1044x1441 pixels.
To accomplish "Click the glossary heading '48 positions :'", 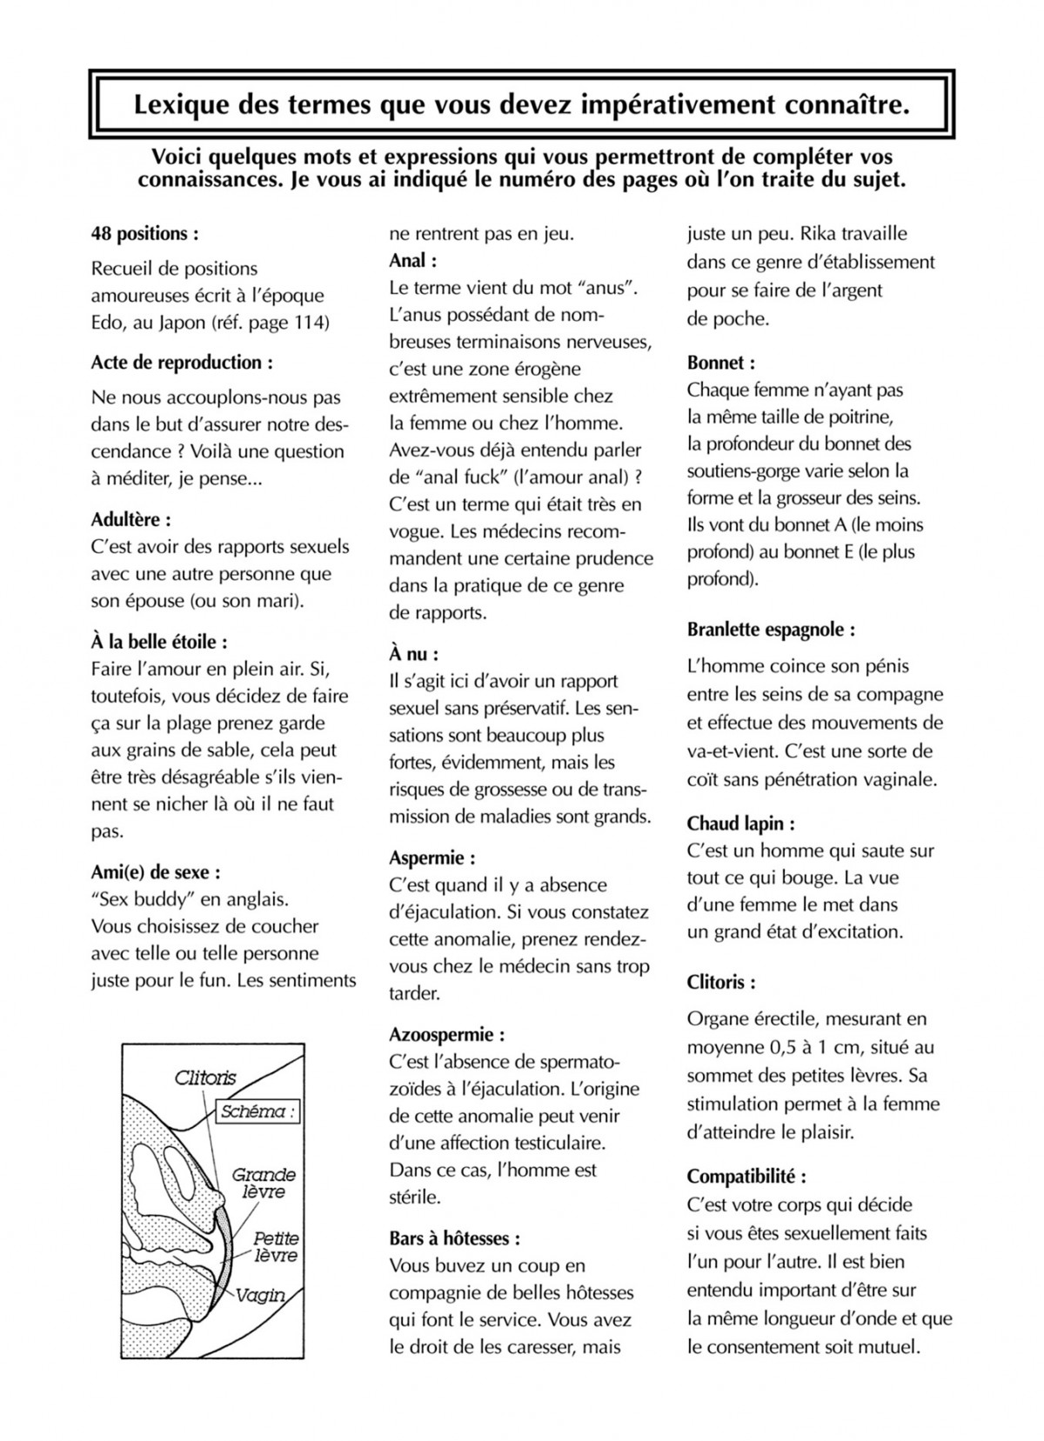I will [144, 233].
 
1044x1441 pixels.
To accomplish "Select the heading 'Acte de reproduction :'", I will [182, 363].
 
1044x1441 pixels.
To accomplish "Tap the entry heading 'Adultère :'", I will [130, 520].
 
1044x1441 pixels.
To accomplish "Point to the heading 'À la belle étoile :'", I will [159, 643].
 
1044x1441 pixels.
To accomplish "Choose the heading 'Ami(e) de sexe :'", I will [156, 872].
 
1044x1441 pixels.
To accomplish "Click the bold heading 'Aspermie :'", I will [432, 858].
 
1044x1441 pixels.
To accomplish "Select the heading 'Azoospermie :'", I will [447, 1035].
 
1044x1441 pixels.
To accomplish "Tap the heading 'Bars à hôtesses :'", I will [455, 1238].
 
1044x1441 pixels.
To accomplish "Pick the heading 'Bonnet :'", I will [721, 363].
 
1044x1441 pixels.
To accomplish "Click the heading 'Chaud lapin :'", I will [740, 824].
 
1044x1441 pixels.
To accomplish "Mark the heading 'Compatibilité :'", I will [746, 1177].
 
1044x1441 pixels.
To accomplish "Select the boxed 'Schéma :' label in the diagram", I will [257, 1111].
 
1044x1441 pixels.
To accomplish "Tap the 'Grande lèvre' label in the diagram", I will [263, 1184].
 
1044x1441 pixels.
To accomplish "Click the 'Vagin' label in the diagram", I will [261, 1295].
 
